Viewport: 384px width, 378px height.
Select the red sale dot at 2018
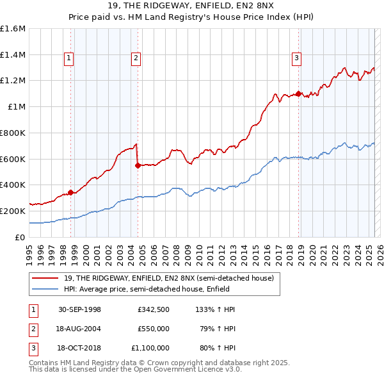click(x=298, y=94)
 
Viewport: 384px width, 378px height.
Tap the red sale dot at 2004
click(x=138, y=165)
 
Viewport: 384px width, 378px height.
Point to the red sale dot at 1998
click(x=70, y=192)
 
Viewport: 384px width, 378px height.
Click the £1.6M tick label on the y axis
click(x=13, y=29)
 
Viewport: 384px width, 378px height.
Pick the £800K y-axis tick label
click(x=13, y=133)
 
